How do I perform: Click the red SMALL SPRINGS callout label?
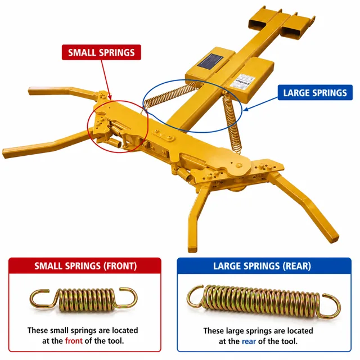(101, 52)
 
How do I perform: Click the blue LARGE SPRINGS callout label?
(315, 92)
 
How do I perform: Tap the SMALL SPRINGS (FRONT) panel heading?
(85, 266)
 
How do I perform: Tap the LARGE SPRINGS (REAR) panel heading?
(262, 266)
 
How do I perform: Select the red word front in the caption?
(74, 341)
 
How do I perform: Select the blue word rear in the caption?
(249, 341)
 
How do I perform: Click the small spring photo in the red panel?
(84, 299)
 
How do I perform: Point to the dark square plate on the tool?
(210, 61)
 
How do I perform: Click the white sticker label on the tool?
(242, 81)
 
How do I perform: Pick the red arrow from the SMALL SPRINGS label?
(106, 80)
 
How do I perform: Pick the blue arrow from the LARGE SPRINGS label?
(260, 104)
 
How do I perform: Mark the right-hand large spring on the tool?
(232, 121)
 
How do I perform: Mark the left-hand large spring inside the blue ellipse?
(170, 94)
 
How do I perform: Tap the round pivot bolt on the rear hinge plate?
(238, 165)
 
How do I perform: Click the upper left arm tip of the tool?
(30, 91)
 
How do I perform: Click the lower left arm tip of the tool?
(5, 152)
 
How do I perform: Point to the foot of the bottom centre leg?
(192, 249)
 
